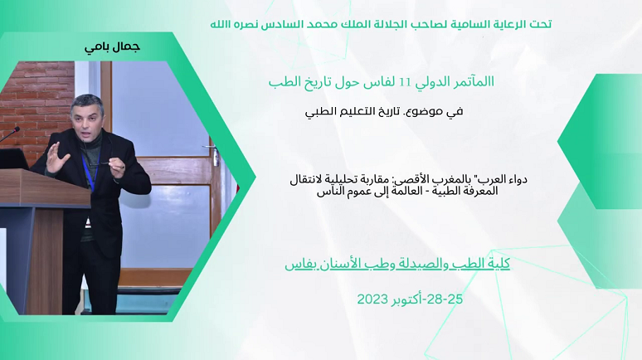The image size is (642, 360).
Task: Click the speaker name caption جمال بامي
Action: pyautogui.click(x=112, y=47)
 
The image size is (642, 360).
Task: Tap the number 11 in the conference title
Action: pyautogui.click(x=405, y=83)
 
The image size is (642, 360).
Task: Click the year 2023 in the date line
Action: pyautogui.click(x=372, y=299)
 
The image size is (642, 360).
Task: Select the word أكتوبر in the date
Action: pyautogui.click(x=405, y=299)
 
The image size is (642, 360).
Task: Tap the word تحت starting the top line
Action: pyautogui.click(x=541, y=24)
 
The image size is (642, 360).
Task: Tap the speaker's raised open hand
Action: pyautogui.click(x=56, y=158)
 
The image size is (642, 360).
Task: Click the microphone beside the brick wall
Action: pyautogui.click(x=10, y=134)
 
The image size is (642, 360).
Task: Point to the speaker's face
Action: pyautogui.click(x=85, y=119)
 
